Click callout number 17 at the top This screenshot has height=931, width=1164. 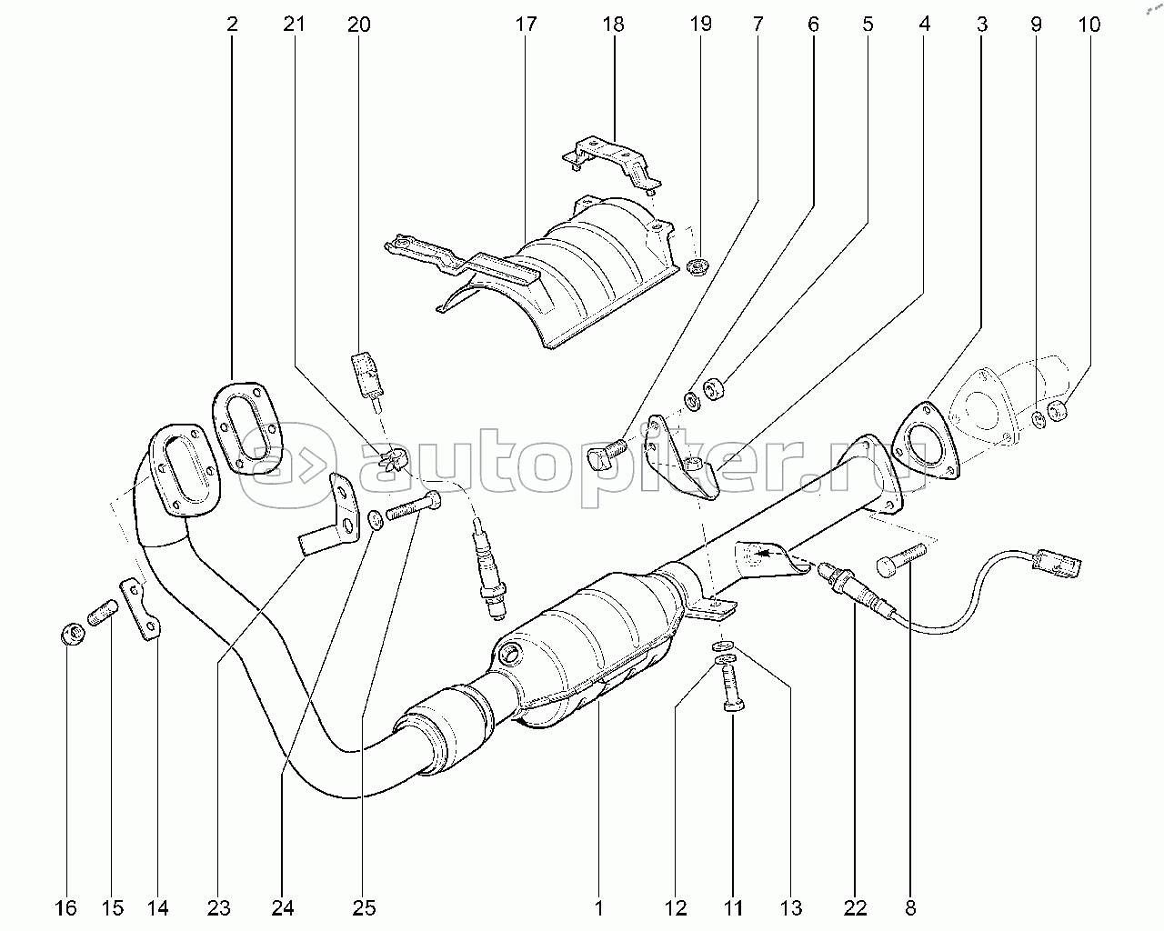526,25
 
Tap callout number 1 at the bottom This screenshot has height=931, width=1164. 598,906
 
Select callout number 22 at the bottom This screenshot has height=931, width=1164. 855,906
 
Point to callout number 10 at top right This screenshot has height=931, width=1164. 1089,25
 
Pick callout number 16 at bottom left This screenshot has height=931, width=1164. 65,906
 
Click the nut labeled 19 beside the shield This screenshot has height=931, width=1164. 698,268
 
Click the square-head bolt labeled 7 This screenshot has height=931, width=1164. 606,452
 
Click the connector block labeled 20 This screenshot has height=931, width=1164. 367,373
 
